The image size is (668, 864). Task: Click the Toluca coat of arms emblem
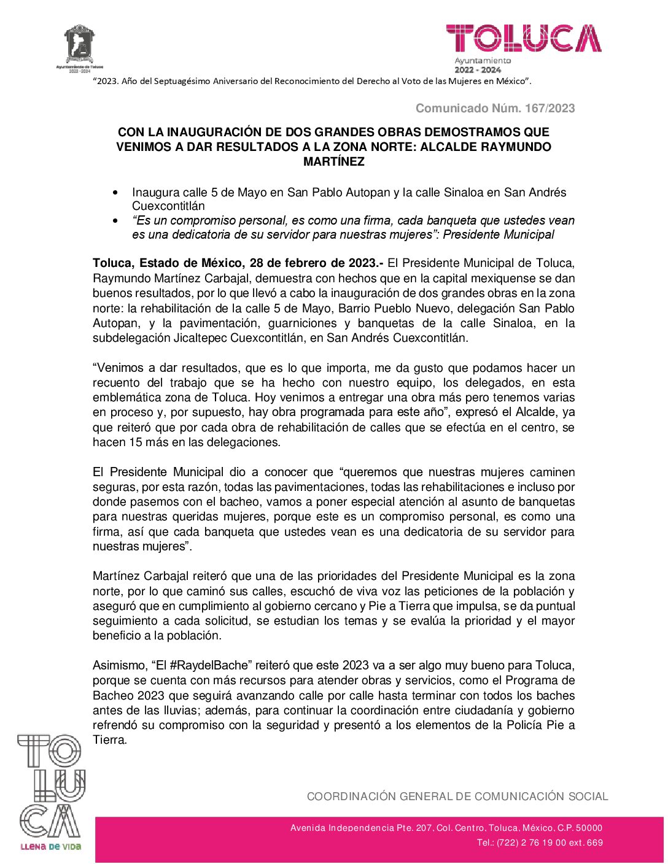(80, 44)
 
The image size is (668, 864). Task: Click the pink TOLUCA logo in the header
(524, 38)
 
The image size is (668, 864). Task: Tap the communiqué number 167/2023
(550, 109)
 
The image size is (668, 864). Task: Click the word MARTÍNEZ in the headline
(334, 162)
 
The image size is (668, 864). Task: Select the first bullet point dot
(115, 193)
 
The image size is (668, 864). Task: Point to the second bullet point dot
(115, 221)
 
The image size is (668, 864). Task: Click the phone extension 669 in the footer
(596, 843)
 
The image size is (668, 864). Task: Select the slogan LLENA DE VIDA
(50, 847)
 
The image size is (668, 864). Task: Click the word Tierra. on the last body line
(110, 740)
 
